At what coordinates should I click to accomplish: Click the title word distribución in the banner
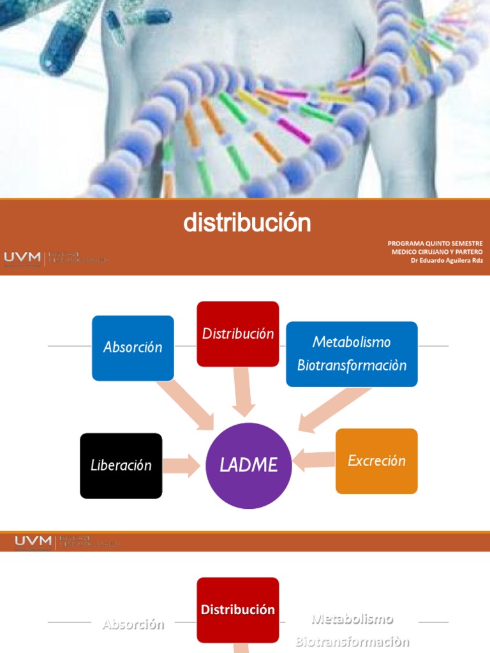click(247, 223)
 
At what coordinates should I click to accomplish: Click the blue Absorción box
click(133, 348)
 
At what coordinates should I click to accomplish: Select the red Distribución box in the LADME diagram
click(237, 334)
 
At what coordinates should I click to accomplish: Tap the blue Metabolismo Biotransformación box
click(352, 354)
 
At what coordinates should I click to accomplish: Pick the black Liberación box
click(121, 466)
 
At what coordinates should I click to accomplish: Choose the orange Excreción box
click(376, 460)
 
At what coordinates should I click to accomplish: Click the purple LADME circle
click(249, 466)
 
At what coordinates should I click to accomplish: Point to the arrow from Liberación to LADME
click(181, 466)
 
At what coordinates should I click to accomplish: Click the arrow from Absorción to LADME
click(186, 406)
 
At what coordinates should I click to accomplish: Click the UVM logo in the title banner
click(23, 257)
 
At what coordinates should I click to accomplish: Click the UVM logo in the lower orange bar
click(33, 541)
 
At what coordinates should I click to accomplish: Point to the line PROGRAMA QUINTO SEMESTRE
click(435, 244)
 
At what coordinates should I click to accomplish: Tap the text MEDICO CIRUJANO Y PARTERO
click(437, 252)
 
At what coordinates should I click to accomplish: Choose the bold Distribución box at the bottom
click(237, 610)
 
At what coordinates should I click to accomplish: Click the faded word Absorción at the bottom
click(133, 624)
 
